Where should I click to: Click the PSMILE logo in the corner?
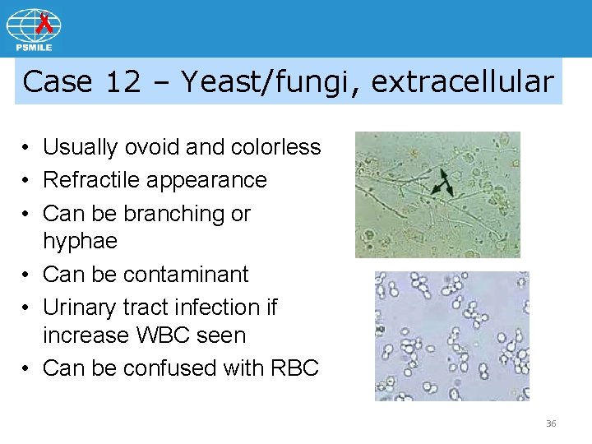pos(34,29)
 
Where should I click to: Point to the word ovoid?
pos(154,147)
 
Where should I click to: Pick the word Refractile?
pos(85,180)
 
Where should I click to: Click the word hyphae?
pos(80,242)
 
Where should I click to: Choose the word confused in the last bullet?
pos(170,368)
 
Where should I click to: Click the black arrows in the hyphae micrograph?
pos(445,183)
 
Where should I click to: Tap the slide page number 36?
pos(551,423)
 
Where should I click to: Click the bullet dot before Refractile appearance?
pos(28,181)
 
